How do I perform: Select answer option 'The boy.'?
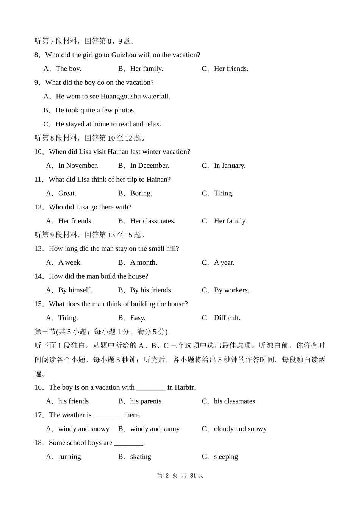click(x=68, y=69)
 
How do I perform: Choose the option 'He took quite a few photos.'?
click(x=95, y=111)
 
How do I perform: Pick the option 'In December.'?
click(x=149, y=166)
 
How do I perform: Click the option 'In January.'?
click(x=230, y=166)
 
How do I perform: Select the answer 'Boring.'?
click(x=141, y=194)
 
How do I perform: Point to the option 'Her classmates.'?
click(x=153, y=221)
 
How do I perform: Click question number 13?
click(x=39, y=249)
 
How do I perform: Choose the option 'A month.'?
click(x=143, y=263)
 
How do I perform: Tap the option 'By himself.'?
click(x=75, y=290)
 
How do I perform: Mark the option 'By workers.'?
click(x=232, y=290)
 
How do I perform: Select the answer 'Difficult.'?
click(x=227, y=318)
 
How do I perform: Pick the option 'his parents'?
click(x=146, y=401)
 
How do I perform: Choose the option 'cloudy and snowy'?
click(x=240, y=429)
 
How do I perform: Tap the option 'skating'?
click(x=141, y=457)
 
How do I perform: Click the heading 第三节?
click(x=45, y=332)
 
